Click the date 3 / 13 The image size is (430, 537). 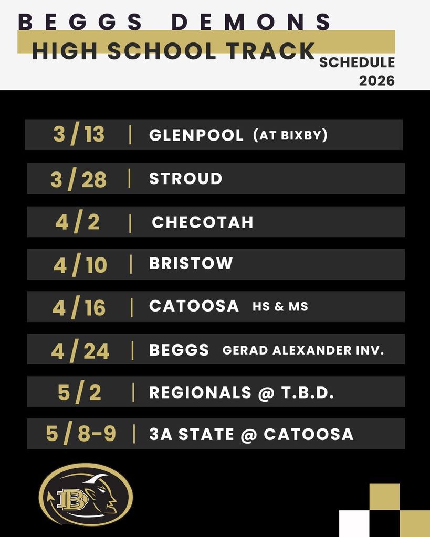pyautogui.click(x=79, y=135)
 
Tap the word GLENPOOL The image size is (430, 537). pyautogui.click(x=196, y=135)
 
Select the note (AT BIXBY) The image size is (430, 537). pyautogui.click(x=290, y=135)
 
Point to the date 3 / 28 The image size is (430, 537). pyautogui.click(x=79, y=179)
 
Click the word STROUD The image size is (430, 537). pyautogui.click(x=185, y=179)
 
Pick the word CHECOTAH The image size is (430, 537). pyautogui.click(x=202, y=222)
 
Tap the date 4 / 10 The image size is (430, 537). pyautogui.click(x=80, y=265)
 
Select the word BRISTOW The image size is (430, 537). pyautogui.click(x=191, y=263)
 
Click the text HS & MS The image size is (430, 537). pyautogui.click(x=280, y=307)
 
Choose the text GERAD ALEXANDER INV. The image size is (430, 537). pyautogui.click(x=303, y=350)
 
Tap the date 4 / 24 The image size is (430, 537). pyautogui.click(x=80, y=351)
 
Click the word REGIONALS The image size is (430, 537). pyautogui.click(x=200, y=393)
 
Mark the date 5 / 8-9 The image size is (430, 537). pyautogui.click(x=81, y=434)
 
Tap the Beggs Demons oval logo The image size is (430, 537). pyautogui.click(x=86, y=494)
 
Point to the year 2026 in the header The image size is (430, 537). pyautogui.click(x=376, y=81)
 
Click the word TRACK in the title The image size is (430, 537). pyautogui.click(x=272, y=51)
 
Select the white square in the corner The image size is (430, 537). pyautogui.click(x=354, y=523)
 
